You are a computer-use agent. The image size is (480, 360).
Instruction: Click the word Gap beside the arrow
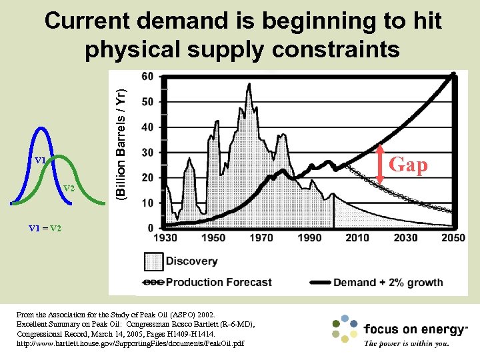(x=408, y=164)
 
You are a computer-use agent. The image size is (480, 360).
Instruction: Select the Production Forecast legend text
(x=219, y=282)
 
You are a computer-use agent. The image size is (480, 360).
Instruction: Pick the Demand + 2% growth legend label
(x=388, y=282)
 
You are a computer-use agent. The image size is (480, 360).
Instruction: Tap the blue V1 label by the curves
(x=40, y=161)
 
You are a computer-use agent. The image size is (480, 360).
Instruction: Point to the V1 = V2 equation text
(x=45, y=228)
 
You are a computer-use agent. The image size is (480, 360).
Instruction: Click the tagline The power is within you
(x=407, y=344)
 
